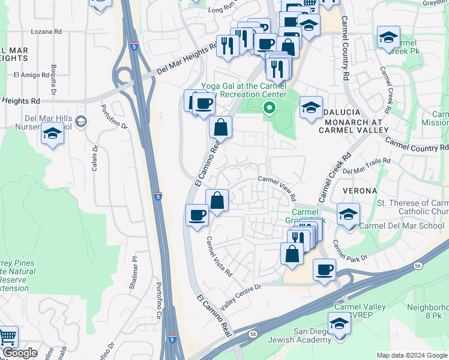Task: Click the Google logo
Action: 20,353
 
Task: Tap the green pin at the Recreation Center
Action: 270,109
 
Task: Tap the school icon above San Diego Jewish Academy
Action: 339,324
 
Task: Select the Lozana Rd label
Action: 49,31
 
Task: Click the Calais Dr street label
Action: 94,159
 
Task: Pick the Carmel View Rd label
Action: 277,188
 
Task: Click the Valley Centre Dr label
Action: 241,296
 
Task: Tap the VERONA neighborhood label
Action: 360,190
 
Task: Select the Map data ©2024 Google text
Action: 412,355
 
